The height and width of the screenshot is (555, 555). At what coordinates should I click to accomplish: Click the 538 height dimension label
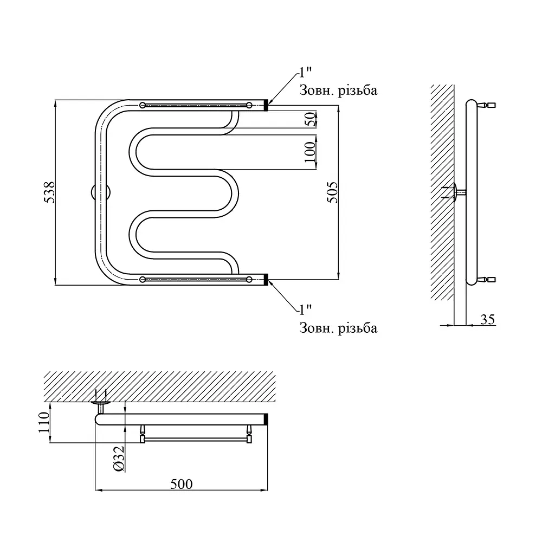pyautogui.click(x=49, y=192)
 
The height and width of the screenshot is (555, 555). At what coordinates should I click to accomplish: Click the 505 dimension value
pyautogui.click(x=332, y=192)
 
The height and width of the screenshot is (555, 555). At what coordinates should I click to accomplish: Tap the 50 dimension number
pyautogui.click(x=310, y=119)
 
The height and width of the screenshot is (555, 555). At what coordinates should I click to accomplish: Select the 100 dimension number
pyautogui.click(x=310, y=152)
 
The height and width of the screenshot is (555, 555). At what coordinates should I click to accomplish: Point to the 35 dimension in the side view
pyautogui.click(x=487, y=319)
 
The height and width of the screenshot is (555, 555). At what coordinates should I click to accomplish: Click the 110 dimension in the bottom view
pyautogui.click(x=44, y=422)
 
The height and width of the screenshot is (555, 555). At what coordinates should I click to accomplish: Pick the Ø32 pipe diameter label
pyautogui.click(x=119, y=459)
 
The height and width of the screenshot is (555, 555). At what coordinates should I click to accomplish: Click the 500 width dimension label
pyautogui.click(x=181, y=484)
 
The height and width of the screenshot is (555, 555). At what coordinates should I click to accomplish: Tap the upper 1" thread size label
pyautogui.click(x=306, y=73)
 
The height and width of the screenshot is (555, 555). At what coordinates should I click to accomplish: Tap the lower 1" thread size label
pyautogui.click(x=306, y=309)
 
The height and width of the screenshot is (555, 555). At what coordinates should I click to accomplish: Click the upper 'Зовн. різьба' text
pyautogui.click(x=338, y=91)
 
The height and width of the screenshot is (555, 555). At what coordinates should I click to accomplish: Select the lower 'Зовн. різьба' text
pyautogui.click(x=338, y=328)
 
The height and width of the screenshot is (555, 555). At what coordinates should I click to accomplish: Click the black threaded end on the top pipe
pyautogui.click(x=266, y=105)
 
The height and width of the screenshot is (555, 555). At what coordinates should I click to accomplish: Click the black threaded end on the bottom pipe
pyautogui.click(x=266, y=280)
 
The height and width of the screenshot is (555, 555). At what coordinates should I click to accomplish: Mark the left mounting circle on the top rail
pyautogui.click(x=143, y=105)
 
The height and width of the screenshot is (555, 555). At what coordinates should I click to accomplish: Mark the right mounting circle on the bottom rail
pyautogui.click(x=249, y=280)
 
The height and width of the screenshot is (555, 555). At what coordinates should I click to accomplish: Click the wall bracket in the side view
pyautogui.click(x=455, y=192)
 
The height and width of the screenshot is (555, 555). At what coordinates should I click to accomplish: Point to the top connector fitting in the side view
pyautogui.click(x=487, y=105)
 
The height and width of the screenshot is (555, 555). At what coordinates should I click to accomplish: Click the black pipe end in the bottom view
pyautogui.click(x=266, y=419)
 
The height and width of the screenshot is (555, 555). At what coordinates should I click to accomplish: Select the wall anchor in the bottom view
pyautogui.click(x=101, y=402)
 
